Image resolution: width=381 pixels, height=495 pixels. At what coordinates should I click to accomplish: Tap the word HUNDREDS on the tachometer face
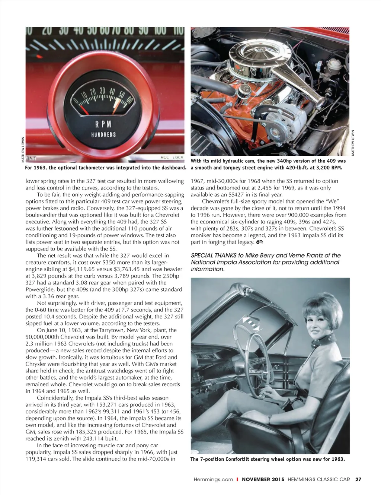(103, 134)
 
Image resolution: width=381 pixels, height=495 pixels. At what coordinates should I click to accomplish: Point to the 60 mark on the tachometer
(129, 99)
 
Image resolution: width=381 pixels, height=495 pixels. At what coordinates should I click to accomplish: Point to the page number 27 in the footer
(358, 479)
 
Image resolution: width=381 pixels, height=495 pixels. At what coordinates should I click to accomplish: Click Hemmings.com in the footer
(213, 479)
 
